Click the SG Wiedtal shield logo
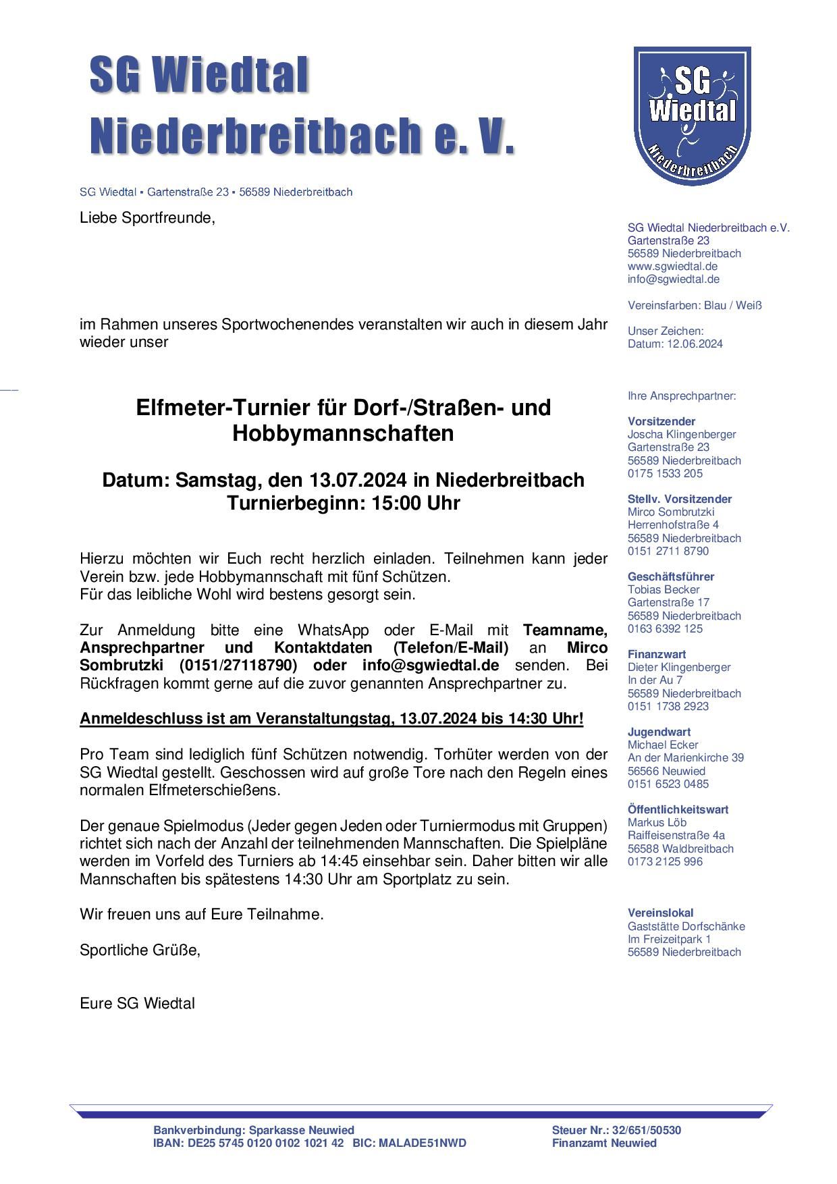click(x=692, y=115)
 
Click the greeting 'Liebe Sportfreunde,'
click(x=147, y=219)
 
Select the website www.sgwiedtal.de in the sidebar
click(x=672, y=267)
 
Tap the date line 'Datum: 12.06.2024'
click(x=675, y=344)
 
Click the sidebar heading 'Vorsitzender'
click(x=661, y=421)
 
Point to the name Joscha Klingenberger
click(x=682, y=434)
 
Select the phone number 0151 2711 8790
click(x=668, y=551)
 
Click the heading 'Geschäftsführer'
click(x=671, y=576)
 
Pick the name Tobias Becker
click(x=664, y=589)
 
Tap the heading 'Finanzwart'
click(x=657, y=654)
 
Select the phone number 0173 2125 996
click(x=665, y=861)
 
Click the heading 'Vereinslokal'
click(x=661, y=913)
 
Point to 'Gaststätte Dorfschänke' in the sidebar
click(x=686, y=926)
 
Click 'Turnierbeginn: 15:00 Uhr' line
click(x=343, y=504)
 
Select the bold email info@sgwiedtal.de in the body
click(x=431, y=665)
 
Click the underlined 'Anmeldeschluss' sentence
click(x=331, y=718)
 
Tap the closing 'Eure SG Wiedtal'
click(x=137, y=1003)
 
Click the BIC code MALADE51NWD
click(x=423, y=1143)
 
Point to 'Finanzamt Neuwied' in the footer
click(x=604, y=1143)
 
